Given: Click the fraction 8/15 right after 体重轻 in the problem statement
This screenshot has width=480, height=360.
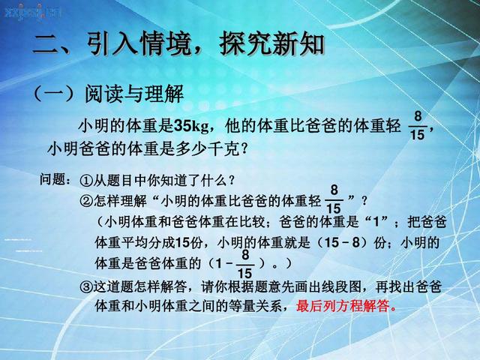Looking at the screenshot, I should (418, 125).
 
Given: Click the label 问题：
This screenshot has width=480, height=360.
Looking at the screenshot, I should (56, 181).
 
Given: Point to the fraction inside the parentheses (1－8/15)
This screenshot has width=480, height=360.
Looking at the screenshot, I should (244, 263).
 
